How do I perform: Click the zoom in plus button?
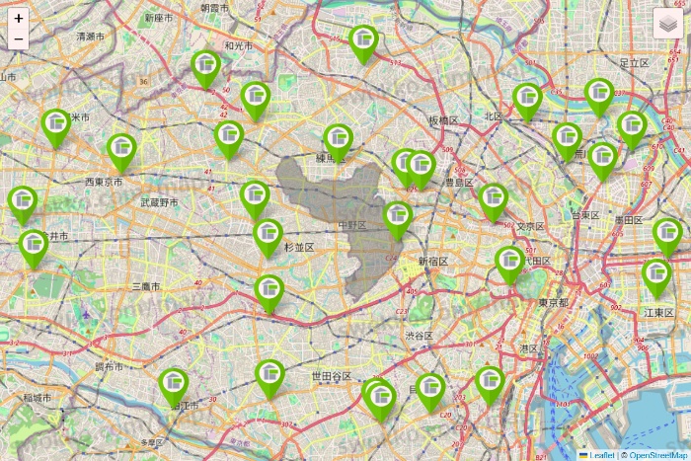(x=19, y=18)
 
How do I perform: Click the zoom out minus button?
(x=19, y=38)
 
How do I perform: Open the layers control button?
(x=669, y=23)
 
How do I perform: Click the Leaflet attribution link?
(x=601, y=455)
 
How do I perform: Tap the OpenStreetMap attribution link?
(x=654, y=455)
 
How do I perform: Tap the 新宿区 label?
(x=432, y=262)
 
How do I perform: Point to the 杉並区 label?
(x=298, y=247)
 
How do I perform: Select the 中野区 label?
(x=351, y=226)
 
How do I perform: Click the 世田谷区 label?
(x=332, y=377)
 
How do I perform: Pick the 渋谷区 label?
(x=419, y=336)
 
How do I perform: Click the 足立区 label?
(x=633, y=62)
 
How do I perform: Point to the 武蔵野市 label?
(x=159, y=202)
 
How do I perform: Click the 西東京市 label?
(x=103, y=182)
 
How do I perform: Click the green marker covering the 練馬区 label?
(x=340, y=139)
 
